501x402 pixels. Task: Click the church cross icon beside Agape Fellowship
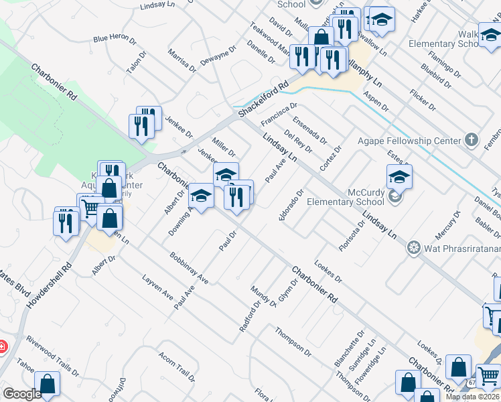pyautogui.click(x=472, y=141)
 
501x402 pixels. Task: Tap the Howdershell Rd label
pyautogui.click(x=48, y=286)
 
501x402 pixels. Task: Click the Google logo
pyautogui.click(x=21, y=394)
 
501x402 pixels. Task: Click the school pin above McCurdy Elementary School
pyautogui.click(x=399, y=177)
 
